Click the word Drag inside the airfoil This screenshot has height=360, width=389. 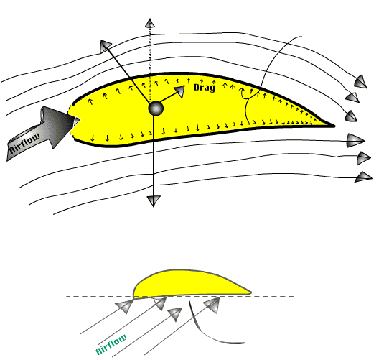point(205,88)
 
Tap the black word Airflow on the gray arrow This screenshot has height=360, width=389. point(25,144)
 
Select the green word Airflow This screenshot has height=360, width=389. point(111,344)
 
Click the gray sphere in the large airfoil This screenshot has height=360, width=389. point(156,109)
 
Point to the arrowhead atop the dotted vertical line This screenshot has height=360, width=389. point(150,23)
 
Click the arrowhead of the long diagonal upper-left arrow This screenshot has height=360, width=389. point(106,46)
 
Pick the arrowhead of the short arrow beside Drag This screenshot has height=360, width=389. point(180,91)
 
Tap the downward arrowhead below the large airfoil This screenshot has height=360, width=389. point(154,200)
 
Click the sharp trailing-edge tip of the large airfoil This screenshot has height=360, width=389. point(334,126)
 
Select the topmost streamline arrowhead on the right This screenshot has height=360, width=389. point(361,82)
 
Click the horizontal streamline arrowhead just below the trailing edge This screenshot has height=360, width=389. point(356,141)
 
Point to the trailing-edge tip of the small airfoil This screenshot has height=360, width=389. point(250,293)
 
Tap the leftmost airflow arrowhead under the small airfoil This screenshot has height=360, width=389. point(126,305)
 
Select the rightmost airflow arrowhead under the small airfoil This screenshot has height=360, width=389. point(213,305)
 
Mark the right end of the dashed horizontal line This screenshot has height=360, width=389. point(294,297)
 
